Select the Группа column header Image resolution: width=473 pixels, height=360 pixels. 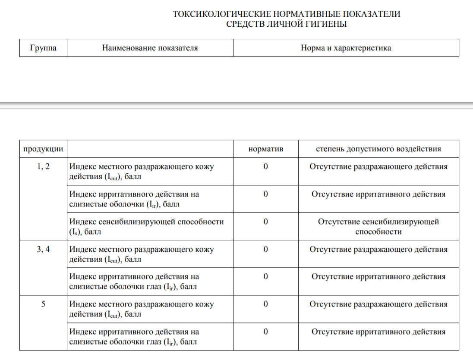[x=43, y=48]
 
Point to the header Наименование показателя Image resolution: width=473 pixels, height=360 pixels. [x=150, y=48]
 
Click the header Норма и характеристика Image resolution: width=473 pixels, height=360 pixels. [x=346, y=48]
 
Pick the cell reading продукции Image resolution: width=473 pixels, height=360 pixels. [x=43, y=149]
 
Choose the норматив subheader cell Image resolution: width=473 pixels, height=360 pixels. [x=265, y=149]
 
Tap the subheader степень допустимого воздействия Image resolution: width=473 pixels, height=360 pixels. [x=378, y=149]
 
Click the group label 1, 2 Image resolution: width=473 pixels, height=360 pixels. [x=43, y=166]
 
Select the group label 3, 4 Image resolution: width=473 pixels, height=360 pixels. [x=43, y=249]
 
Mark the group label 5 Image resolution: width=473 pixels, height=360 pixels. [x=43, y=304]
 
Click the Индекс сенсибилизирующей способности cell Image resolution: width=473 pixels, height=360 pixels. [x=147, y=226]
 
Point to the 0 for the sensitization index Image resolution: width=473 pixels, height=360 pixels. [x=265, y=222]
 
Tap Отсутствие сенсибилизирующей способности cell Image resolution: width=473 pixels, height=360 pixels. [x=378, y=226]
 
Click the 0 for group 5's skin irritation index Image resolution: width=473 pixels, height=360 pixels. [x=265, y=304]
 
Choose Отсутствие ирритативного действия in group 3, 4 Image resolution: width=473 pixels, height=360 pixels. [x=378, y=276]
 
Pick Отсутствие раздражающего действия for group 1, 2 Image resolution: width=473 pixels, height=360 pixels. [x=378, y=166]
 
